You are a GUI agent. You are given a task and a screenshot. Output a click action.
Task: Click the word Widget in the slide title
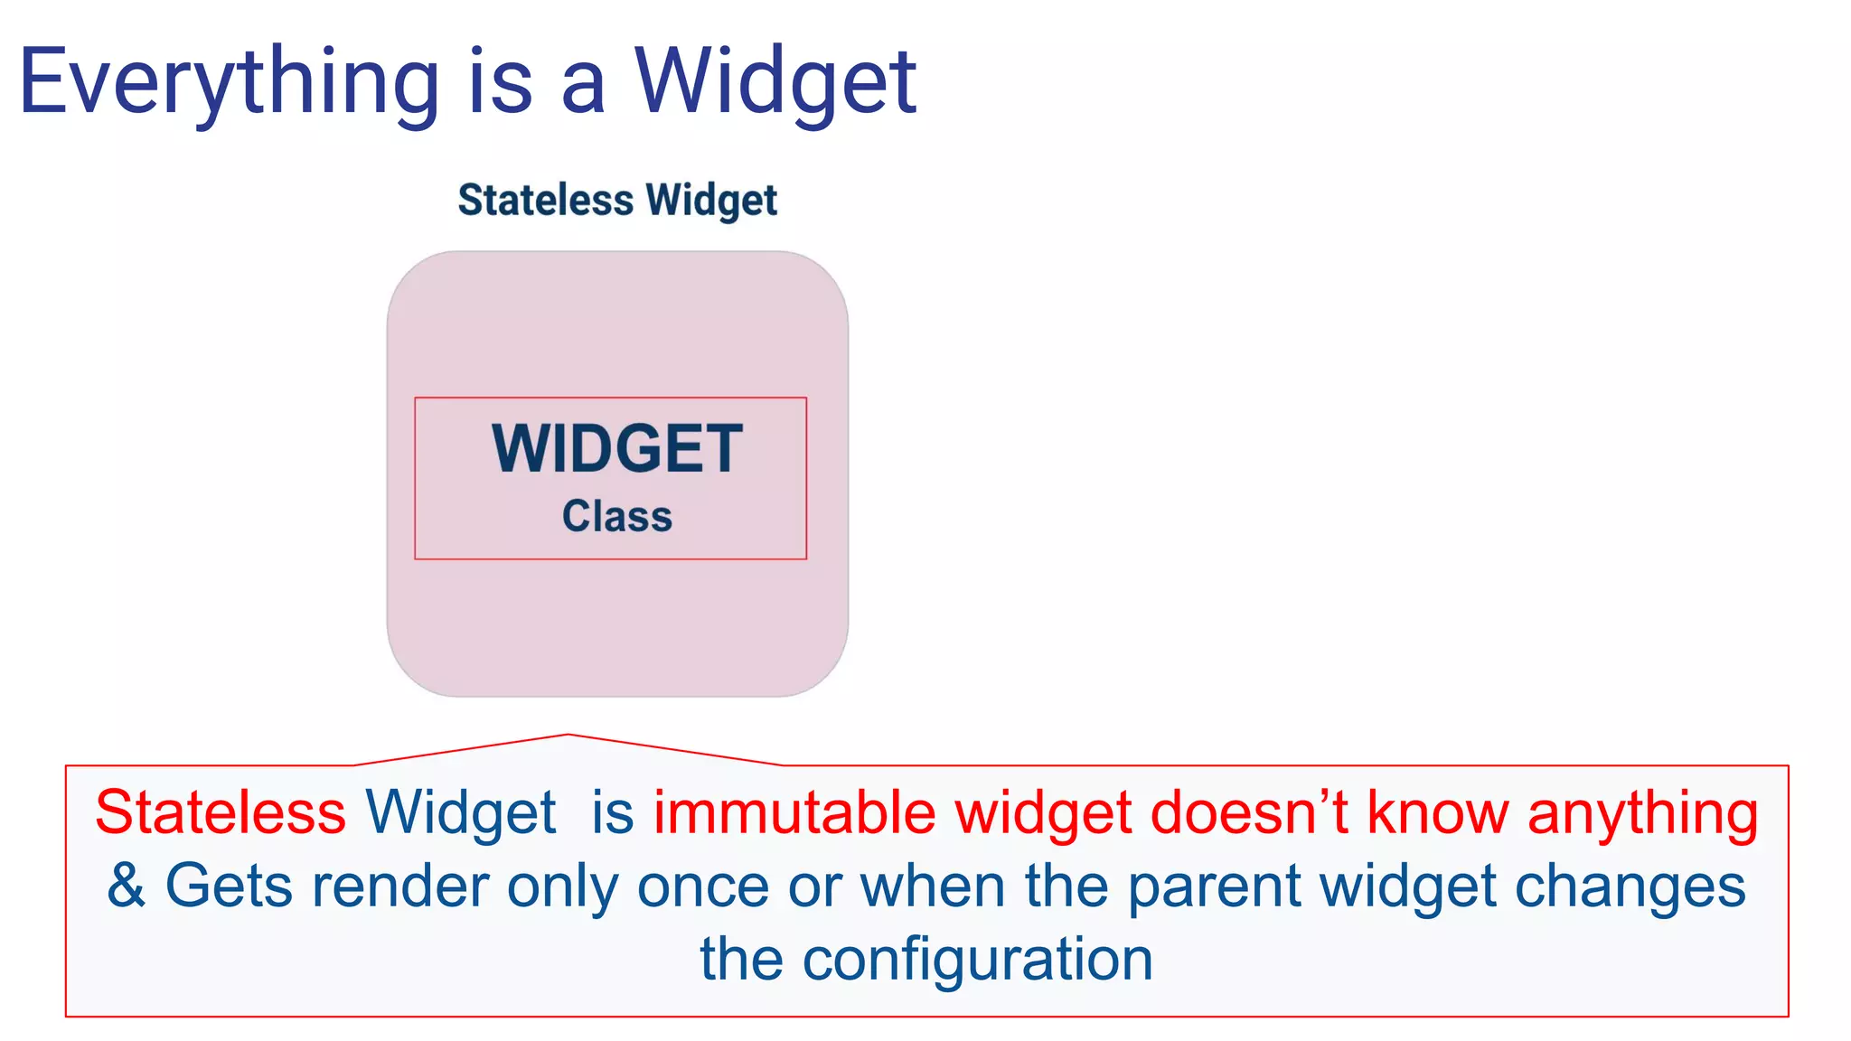(775, 83)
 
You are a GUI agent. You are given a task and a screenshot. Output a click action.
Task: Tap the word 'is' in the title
(500, 83)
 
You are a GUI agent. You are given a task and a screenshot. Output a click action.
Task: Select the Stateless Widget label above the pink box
(617, 201)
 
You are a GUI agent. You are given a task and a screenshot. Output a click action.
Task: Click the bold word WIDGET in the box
(617, 449)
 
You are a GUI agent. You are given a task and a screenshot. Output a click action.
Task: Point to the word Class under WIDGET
(617, 517)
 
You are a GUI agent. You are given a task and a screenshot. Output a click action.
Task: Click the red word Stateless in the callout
(221, 812)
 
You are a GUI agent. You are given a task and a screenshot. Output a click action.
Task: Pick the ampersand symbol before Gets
(127, 886)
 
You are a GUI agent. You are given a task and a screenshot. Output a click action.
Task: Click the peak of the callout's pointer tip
(568, 736)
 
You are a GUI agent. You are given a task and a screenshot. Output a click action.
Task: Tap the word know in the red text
(1438, 812)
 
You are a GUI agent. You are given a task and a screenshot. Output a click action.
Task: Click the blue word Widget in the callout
(460, 812)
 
